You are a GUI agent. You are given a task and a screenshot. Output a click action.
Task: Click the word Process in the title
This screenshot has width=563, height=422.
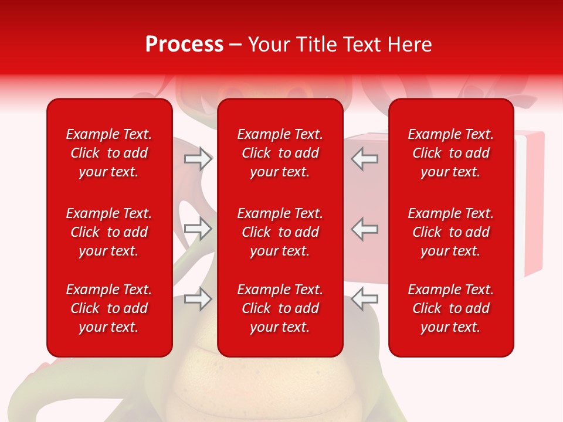[184, 45]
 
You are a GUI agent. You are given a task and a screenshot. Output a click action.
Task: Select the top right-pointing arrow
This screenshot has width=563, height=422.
[198, 159]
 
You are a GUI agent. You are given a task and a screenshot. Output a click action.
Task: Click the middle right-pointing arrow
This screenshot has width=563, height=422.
[198, 229]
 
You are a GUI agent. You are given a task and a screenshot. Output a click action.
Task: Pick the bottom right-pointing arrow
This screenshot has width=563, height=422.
[198, 299]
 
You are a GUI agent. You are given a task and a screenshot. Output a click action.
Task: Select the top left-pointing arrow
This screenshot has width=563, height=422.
[364, 159]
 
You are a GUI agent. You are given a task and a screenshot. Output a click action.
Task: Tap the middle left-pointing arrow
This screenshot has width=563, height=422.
[364, 229]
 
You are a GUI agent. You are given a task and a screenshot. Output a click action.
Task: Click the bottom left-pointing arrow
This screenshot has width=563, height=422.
[364, 299]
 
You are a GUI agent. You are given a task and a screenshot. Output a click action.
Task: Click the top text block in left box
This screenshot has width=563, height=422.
[109, 153]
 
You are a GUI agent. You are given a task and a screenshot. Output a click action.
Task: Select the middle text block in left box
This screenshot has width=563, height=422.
[109, 232]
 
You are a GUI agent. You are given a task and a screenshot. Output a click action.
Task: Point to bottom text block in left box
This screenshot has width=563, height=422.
[109, 308]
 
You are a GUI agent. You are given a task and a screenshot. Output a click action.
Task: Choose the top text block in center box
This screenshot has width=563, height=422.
[280, 153]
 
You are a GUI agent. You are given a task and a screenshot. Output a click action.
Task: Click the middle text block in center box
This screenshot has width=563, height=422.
[280, 232]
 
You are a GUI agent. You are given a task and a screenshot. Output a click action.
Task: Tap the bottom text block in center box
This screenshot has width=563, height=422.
[280, 308]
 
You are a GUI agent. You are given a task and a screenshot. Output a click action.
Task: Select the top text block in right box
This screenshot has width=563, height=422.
[451, 153]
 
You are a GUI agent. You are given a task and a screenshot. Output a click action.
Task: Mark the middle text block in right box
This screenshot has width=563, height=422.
[451, 232]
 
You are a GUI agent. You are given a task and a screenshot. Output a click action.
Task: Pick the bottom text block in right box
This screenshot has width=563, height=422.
[451, 308]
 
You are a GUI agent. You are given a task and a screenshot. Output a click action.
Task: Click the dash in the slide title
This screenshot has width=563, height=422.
[236, 45]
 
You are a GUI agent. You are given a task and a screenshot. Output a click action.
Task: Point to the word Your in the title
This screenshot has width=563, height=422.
[268, 45]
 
